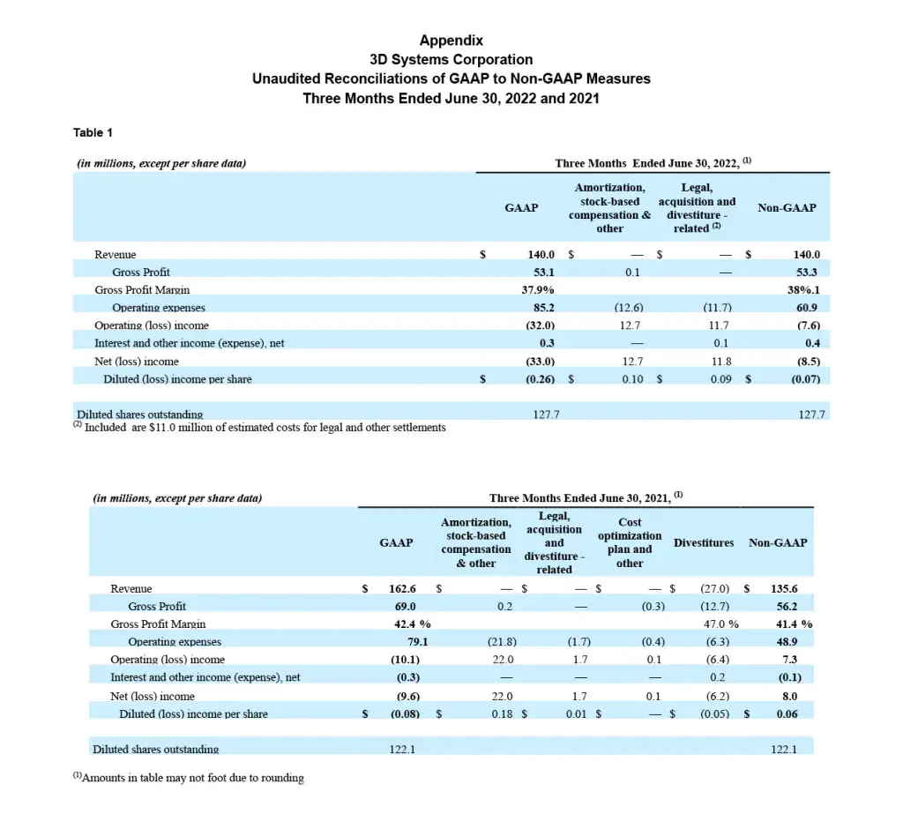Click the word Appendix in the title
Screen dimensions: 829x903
click(x=451, y=41)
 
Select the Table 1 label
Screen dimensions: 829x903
click(x=93, y=132)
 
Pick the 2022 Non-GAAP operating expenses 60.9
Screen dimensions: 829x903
click(x=808, y=308)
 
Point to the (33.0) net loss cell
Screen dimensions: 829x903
click(x=540, y=362)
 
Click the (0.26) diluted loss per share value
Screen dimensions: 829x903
click(x=540, y=380)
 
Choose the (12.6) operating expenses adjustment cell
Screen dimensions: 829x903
click(x=629, y=308)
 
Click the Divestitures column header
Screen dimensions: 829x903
click(x=704, y=543)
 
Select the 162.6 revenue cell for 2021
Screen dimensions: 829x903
click(x=402, y=589)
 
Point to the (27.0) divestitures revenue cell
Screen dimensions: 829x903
click(x=713, y=589)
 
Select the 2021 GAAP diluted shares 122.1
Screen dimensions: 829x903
click(x=403, y=750)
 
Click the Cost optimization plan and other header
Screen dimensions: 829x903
click(x=630, y=542)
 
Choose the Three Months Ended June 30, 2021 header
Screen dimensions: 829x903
click(x=586, y=498)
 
